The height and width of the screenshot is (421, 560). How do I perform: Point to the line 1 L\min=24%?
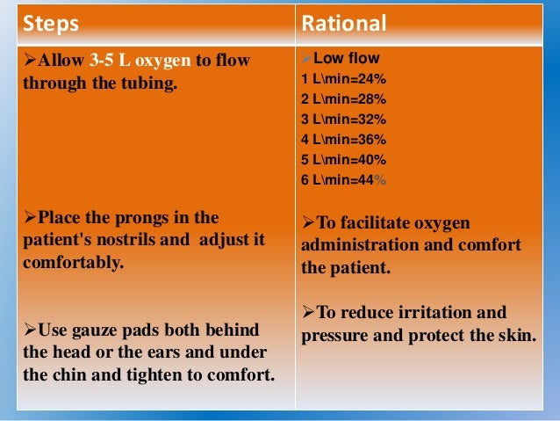(343, 80)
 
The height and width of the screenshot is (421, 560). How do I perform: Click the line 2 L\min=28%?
(343, 99)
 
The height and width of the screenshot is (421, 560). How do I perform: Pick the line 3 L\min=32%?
(343, 120)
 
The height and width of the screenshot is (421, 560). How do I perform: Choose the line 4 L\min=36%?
(343, 139)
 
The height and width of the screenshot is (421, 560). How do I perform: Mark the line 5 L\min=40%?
(343, 159)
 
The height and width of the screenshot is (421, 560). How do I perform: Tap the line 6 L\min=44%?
(343, 178)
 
